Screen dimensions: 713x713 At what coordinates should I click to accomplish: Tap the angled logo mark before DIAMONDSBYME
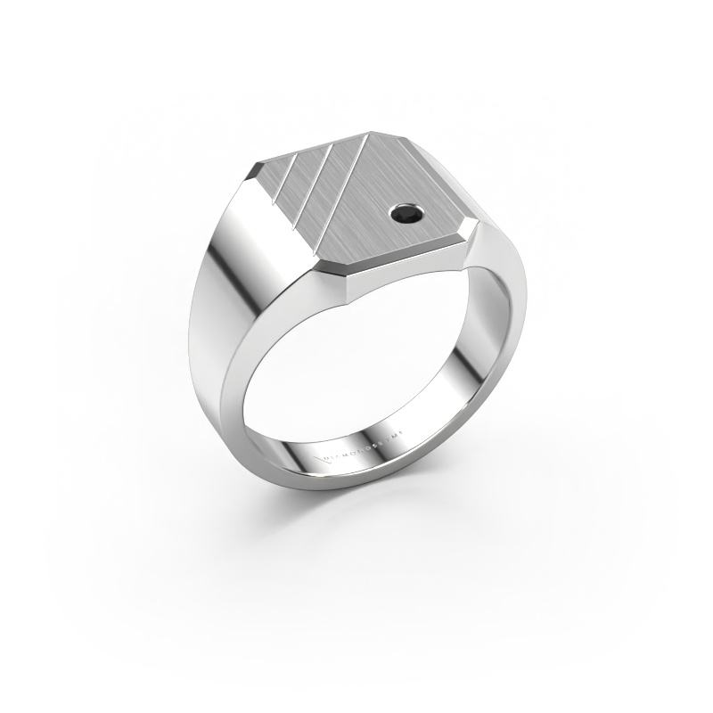[322, 457]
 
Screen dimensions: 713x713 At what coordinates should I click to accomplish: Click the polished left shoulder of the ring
[241, 294]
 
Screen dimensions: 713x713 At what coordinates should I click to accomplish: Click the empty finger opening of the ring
[356, 374]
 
